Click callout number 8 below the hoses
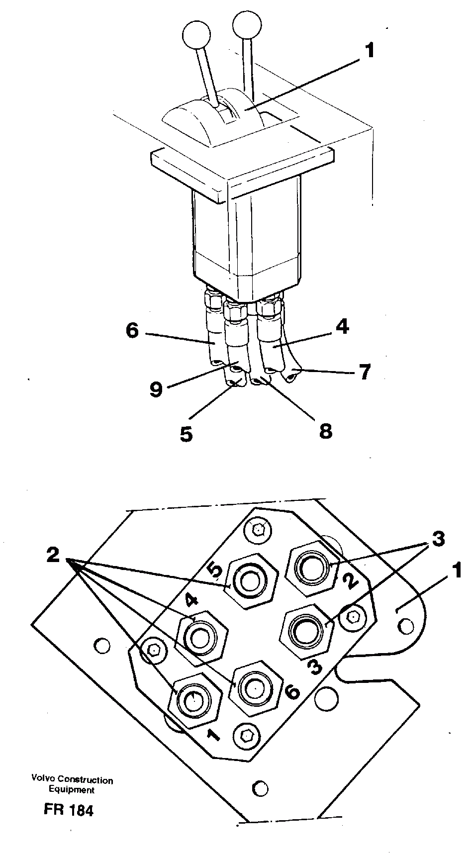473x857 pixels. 325,431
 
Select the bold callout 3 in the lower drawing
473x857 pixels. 438,539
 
